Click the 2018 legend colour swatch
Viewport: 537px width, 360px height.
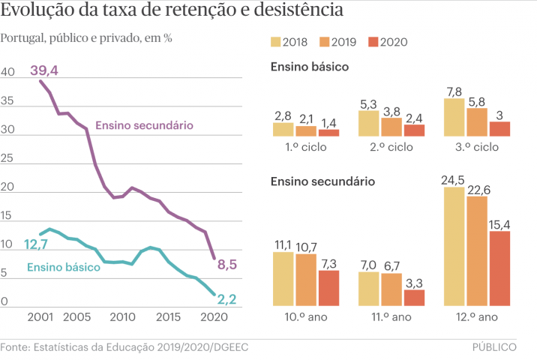276,42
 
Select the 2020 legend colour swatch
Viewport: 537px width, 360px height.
373,42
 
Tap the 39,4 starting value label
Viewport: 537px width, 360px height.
44,70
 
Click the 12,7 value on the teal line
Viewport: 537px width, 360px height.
36,244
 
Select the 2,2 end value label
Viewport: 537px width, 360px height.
227,300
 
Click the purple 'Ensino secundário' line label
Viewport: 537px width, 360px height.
145,124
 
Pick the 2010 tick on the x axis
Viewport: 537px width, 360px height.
123,318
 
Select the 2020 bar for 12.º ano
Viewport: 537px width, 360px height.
499,268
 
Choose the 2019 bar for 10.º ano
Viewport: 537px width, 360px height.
306,280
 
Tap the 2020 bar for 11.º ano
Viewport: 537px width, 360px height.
414,297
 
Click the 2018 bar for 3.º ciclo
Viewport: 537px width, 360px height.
454,117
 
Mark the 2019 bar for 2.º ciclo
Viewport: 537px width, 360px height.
391,127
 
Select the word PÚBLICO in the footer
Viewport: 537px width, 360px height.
494,347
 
